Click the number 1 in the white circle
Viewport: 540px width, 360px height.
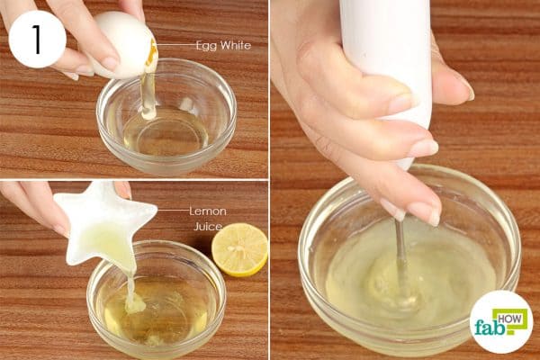click(x=37, y=39)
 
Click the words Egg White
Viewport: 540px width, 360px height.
click(x=223, y=46)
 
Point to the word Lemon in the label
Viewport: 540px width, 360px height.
click(x=208, y=211)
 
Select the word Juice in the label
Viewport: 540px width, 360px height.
click(x=208, y=226)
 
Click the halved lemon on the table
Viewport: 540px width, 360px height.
click(x=239, y=249)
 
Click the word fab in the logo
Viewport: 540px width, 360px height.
click(x=488, y=328)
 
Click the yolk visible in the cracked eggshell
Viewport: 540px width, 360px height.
click(x=151, y=54)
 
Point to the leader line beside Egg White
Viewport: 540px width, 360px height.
click(x=175, y=44)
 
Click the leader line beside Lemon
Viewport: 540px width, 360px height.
click(x=172, y=210)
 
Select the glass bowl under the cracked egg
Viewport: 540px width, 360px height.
click(x=166, y=116)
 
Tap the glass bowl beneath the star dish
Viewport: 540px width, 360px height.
click(x=156, y=299)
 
